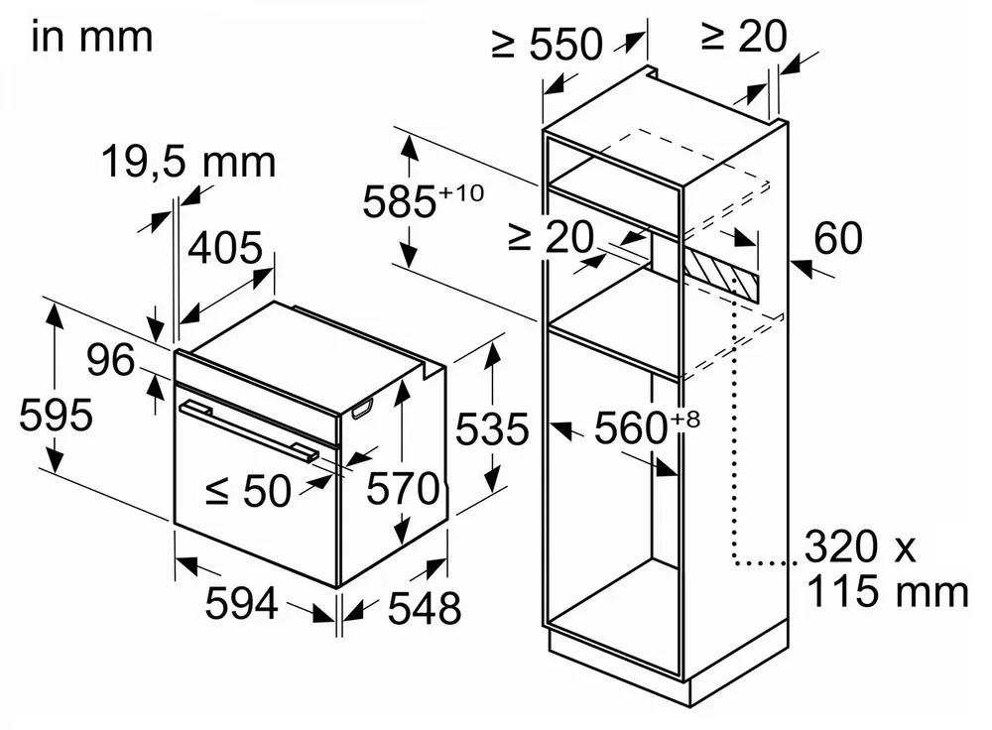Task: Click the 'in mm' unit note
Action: (x=92, y=37)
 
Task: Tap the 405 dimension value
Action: (x=225, y=247)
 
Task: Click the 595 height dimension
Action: (x=56, y=416)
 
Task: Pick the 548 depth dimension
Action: (x=424, y=609)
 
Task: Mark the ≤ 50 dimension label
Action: (x=249, y=491)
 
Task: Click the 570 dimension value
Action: (x=403, y=488)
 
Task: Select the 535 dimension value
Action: (x=492, y=429)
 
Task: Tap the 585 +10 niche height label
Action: (x=423, y=201)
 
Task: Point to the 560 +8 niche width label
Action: (x=647, y=427)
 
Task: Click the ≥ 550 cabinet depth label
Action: (x=547, y=45)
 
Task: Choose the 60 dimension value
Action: (x=837, y=238)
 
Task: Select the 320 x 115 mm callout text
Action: (x=887, y=569)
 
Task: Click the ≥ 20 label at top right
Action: (x=744, y=37)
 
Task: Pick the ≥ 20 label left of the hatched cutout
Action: (x=551, y=238)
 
